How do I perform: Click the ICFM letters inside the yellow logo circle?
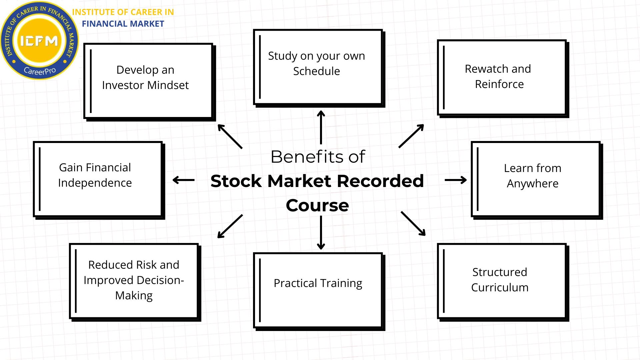click(39, 41)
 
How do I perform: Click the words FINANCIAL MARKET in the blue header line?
click(123, 24)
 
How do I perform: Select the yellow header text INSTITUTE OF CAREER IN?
click(123, 12)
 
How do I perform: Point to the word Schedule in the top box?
click(316, 71)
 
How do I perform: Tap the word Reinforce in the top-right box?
click(499, 84)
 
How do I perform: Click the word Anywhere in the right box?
click(532, 184)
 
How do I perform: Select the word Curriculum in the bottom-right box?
click(499, 288)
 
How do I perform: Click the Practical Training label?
click(318, 283)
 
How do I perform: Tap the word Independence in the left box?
click(95, 183)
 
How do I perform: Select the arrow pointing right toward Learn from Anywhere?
click(455, 180)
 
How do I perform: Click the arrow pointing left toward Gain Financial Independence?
click(184, 180)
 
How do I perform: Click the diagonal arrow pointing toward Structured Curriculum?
click(413, 223)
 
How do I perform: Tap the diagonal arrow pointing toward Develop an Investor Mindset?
click(230, 136)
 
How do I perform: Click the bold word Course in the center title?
click(317, 205)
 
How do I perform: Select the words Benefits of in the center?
click(317, 157)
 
